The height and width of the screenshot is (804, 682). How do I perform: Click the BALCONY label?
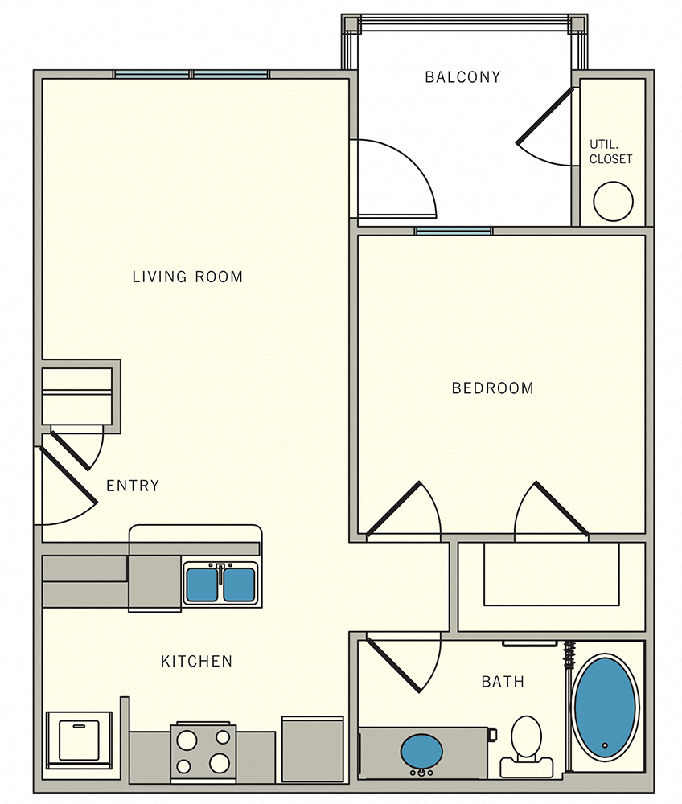click(x=462, y=77)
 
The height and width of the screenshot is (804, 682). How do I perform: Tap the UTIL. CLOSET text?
click(x=611, y=152)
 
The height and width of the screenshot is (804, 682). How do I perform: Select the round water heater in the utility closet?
click(x=613, y=201)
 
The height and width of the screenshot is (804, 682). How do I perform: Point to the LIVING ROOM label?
click(x=187, y=277)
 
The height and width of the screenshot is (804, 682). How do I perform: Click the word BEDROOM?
click(x=492, y=388)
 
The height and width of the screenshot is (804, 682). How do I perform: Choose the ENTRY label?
click(x=133, y=486)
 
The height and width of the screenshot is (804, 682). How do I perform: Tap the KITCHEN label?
click(x=197, y=662)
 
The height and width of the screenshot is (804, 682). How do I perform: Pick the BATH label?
click(x=503, y=682)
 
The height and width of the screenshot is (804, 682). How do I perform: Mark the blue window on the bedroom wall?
click(x=454, y=232)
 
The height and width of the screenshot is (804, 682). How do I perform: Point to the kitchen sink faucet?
click(x=220, y=572)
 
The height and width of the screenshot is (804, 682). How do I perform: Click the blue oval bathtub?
click(x=606, y=708)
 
